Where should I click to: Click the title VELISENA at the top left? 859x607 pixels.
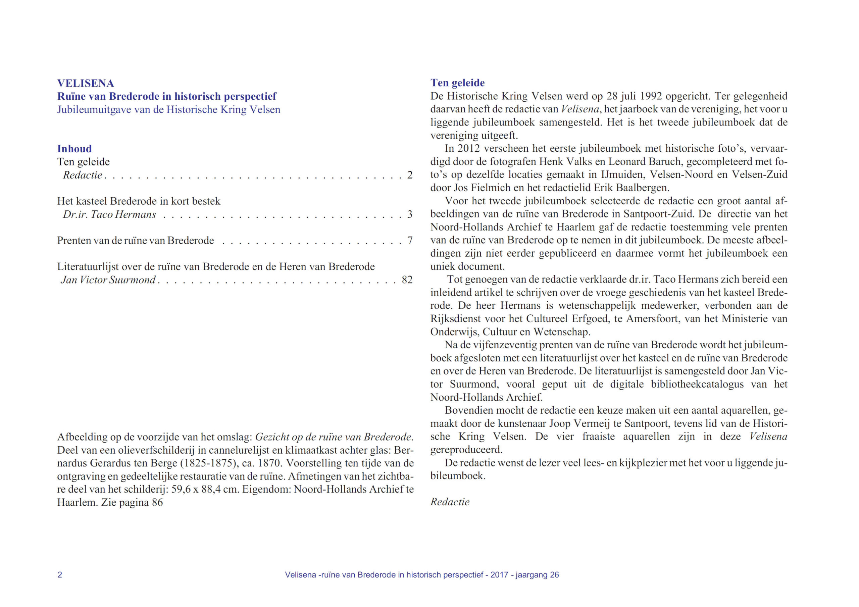85,83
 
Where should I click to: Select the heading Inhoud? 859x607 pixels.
74,149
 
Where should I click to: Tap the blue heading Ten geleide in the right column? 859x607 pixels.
457,83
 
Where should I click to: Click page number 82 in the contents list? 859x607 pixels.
407,280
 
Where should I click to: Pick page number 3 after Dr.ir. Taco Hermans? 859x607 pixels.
410,214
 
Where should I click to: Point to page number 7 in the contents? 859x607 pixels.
410,240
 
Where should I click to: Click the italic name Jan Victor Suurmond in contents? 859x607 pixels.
108,280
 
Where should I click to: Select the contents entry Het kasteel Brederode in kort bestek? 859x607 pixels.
139,201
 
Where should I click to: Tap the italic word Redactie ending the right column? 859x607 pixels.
450,502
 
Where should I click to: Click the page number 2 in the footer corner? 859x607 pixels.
60,575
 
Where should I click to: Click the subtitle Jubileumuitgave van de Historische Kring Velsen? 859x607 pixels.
169,109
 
